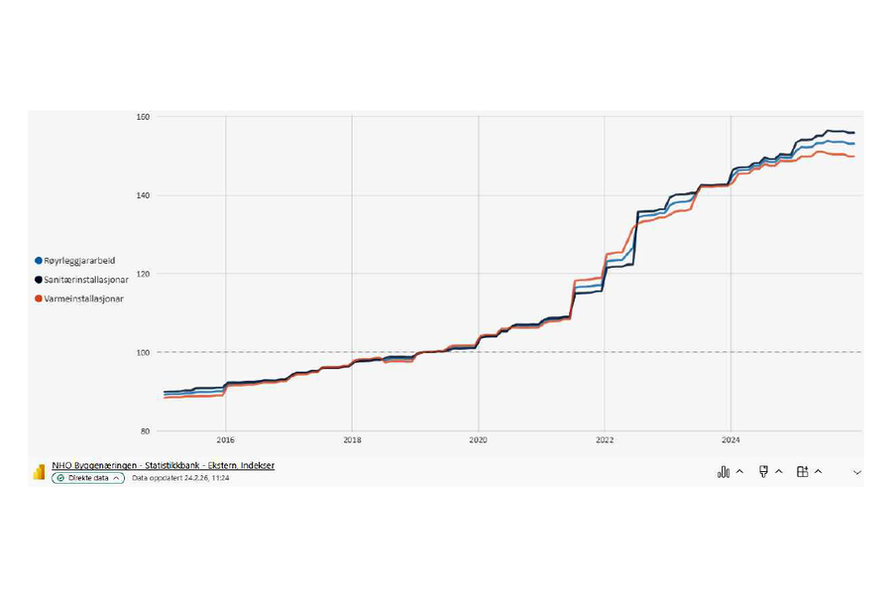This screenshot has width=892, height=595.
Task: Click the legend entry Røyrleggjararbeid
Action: pos(79,261)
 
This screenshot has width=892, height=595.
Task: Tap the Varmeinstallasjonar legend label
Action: pos(84,298)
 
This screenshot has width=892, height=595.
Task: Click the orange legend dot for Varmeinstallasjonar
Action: pos(39,298)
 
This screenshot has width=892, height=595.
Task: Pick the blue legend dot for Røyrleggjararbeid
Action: pos(39,261)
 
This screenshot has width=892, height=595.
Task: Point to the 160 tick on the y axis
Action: pos(143,117)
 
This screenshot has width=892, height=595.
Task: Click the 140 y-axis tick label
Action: pos(143,195)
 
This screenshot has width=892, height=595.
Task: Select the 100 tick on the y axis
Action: pos(143,352)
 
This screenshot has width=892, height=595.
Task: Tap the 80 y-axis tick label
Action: pos(145,430)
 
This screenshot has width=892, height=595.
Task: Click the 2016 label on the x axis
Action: pos(225,441)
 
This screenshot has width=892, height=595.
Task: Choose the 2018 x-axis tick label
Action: pos(352,441)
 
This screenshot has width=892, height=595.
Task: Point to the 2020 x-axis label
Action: pos(478,441)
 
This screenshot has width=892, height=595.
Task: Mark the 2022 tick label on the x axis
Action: pos(604,441)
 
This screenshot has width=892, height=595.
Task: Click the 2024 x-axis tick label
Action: pos(730,441)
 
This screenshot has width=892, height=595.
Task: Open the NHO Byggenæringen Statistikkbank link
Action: pos(163,465)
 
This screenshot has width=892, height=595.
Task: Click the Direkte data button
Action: pos(88,478)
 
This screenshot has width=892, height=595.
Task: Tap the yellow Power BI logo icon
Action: pos(39,472)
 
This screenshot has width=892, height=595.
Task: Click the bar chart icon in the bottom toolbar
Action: pos(724,472)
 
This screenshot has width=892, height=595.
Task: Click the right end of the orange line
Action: pos(853,157)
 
